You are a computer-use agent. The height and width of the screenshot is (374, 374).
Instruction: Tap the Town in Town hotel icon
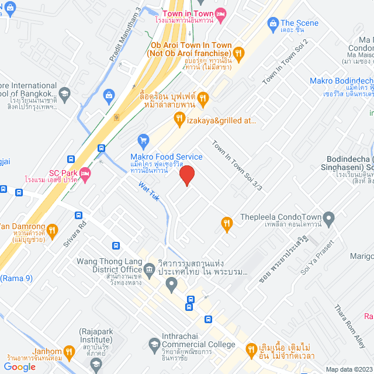pos(220,14)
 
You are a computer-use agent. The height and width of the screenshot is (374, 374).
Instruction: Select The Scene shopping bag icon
pos(272,23)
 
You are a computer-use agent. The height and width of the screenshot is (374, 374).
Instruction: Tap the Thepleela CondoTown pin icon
pos(330,220)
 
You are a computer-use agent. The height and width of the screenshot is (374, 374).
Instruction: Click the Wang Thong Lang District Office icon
pos(150,269)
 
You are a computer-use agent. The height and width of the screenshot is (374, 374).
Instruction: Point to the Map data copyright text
pos(349,369)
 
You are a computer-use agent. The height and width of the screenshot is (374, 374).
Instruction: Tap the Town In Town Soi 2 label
pos(285,61)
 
